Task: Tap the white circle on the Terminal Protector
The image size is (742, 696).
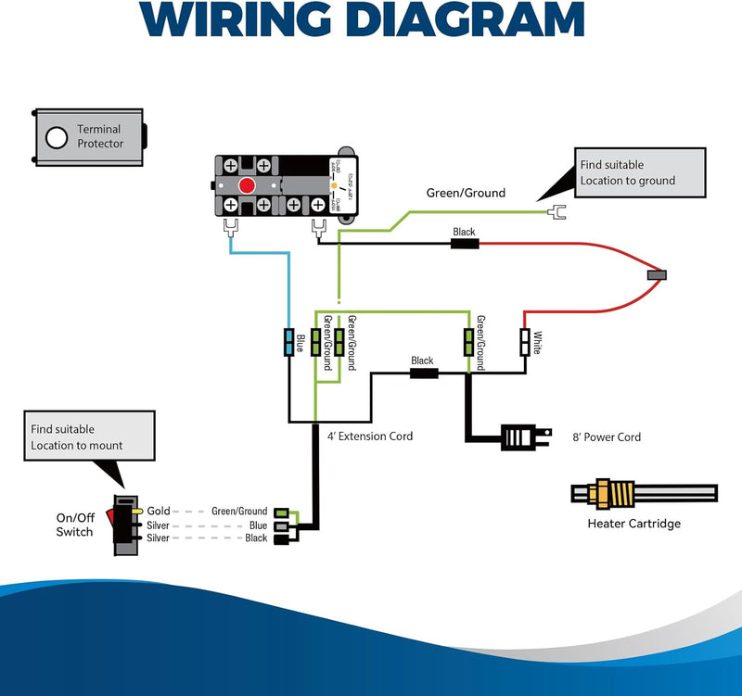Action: point(57,138)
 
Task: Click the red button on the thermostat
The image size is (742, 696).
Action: point(247,186)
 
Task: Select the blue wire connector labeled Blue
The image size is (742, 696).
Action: point(289,342)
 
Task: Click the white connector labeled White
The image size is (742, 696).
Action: point(524,342)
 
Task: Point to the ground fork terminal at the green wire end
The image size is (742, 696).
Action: point(556,212)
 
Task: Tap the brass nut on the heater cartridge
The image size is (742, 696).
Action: point(605,493)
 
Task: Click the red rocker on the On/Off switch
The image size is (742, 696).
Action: point(111,514)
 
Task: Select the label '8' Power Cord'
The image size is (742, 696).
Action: point(607,437)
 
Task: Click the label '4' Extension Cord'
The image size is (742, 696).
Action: point(369,436)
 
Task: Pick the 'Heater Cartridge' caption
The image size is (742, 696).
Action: point(633,524)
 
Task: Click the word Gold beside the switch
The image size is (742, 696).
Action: point(158,511)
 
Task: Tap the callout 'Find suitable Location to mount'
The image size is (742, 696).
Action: point(87,437)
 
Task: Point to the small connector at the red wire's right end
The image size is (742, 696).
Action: point(657,275)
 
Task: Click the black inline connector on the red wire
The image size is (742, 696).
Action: point(464,244)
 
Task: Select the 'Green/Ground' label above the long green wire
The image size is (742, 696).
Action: point(466,193)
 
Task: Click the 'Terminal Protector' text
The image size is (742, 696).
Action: point(99,137)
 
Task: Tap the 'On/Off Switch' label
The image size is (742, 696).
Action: point(74,525)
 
